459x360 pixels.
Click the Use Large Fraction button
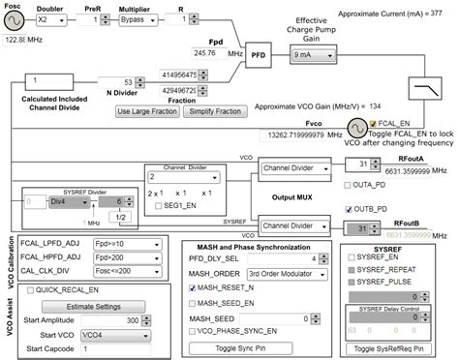click(x=141, y=112)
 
